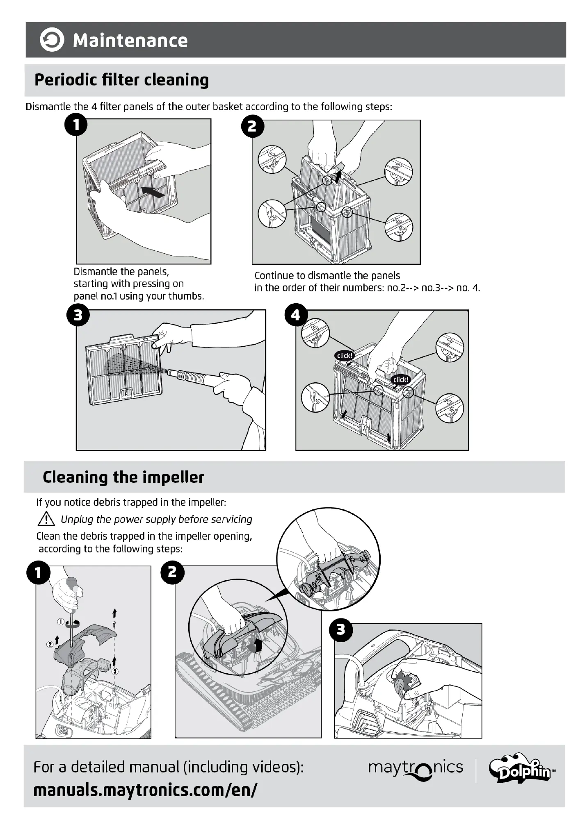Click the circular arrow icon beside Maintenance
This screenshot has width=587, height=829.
[x=52, y=40]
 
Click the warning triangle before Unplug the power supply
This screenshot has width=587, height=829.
[x=46, y=519]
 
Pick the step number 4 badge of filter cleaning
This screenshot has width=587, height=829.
[x=295, y=316]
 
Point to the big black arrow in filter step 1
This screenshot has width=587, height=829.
[x=153, y=191]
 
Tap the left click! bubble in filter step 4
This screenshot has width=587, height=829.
[x=345, y=356]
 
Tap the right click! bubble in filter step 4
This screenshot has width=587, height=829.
[x=400, y=379]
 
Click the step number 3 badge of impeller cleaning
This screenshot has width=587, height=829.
[x=341, y=629]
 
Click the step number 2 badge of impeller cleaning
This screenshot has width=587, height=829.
[x=172, y=572]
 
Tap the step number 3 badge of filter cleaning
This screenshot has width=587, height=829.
[x=78, y=316]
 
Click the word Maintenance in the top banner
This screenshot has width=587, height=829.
[x=130, y=41]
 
